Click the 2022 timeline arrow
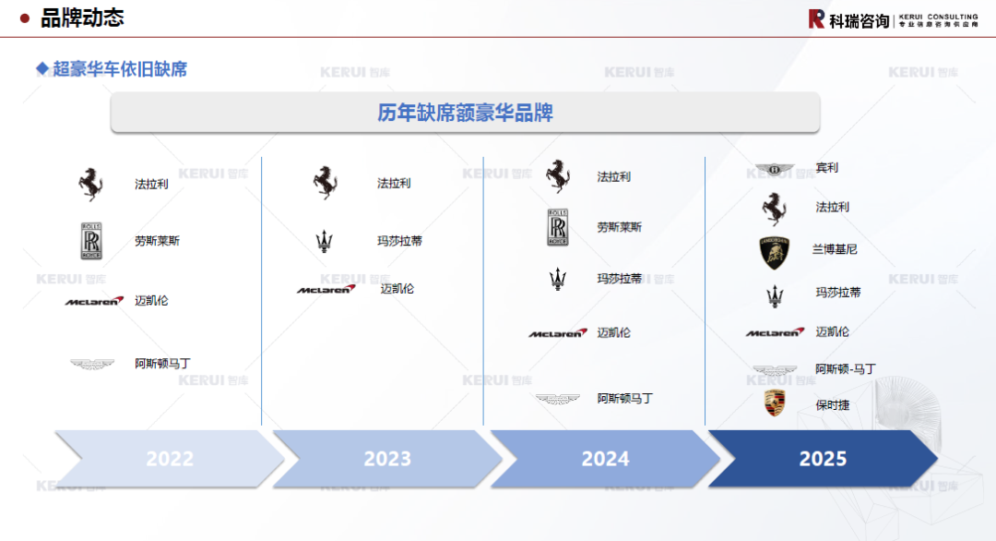pyautogui.click(x=170, y=459)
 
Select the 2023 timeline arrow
pyautogui.click(x=387, y=459)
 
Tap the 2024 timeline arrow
pyautogui.click(x=605, y=459)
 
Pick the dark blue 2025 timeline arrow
pyautogui.click(x=823, y=459)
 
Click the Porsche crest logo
pyautogui.click(x=775, y=403)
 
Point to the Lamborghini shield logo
pyautogui.click(x=775, y=251)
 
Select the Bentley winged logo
pyautogui.click(x=775, y=169)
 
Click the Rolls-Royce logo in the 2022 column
pyautogui.click(x=91, y=241)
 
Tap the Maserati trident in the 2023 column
pyautogui.click(x=325, y=242)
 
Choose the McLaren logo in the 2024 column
pyautogui.click(x=557, y=333)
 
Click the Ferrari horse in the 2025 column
pyautogui.click(x=775, y=209)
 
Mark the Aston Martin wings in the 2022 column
pyautogui.click(x=92, y=365)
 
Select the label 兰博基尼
pyautogui.click(x=835, y=249)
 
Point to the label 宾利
pyautogui.click(x=827, y=168)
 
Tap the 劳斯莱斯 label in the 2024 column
pyautogui.click(x=619, y=227)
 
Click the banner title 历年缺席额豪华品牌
pyautogui.click(x=465, y=114)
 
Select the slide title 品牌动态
pyautogui.click(x=82, y=18)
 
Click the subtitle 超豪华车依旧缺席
pyautogui.click(x=119, y=69)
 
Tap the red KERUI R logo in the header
pyautogui.click(x=816, y=18)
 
